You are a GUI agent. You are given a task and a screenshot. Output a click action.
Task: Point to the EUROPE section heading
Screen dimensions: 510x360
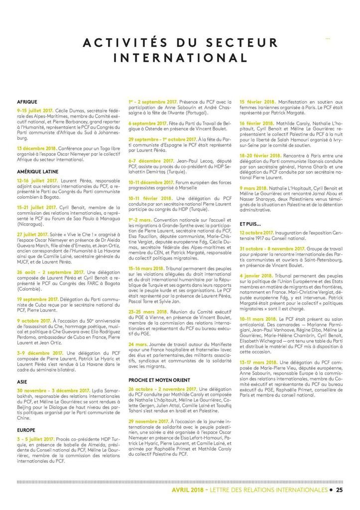click(x=25, y=429)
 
